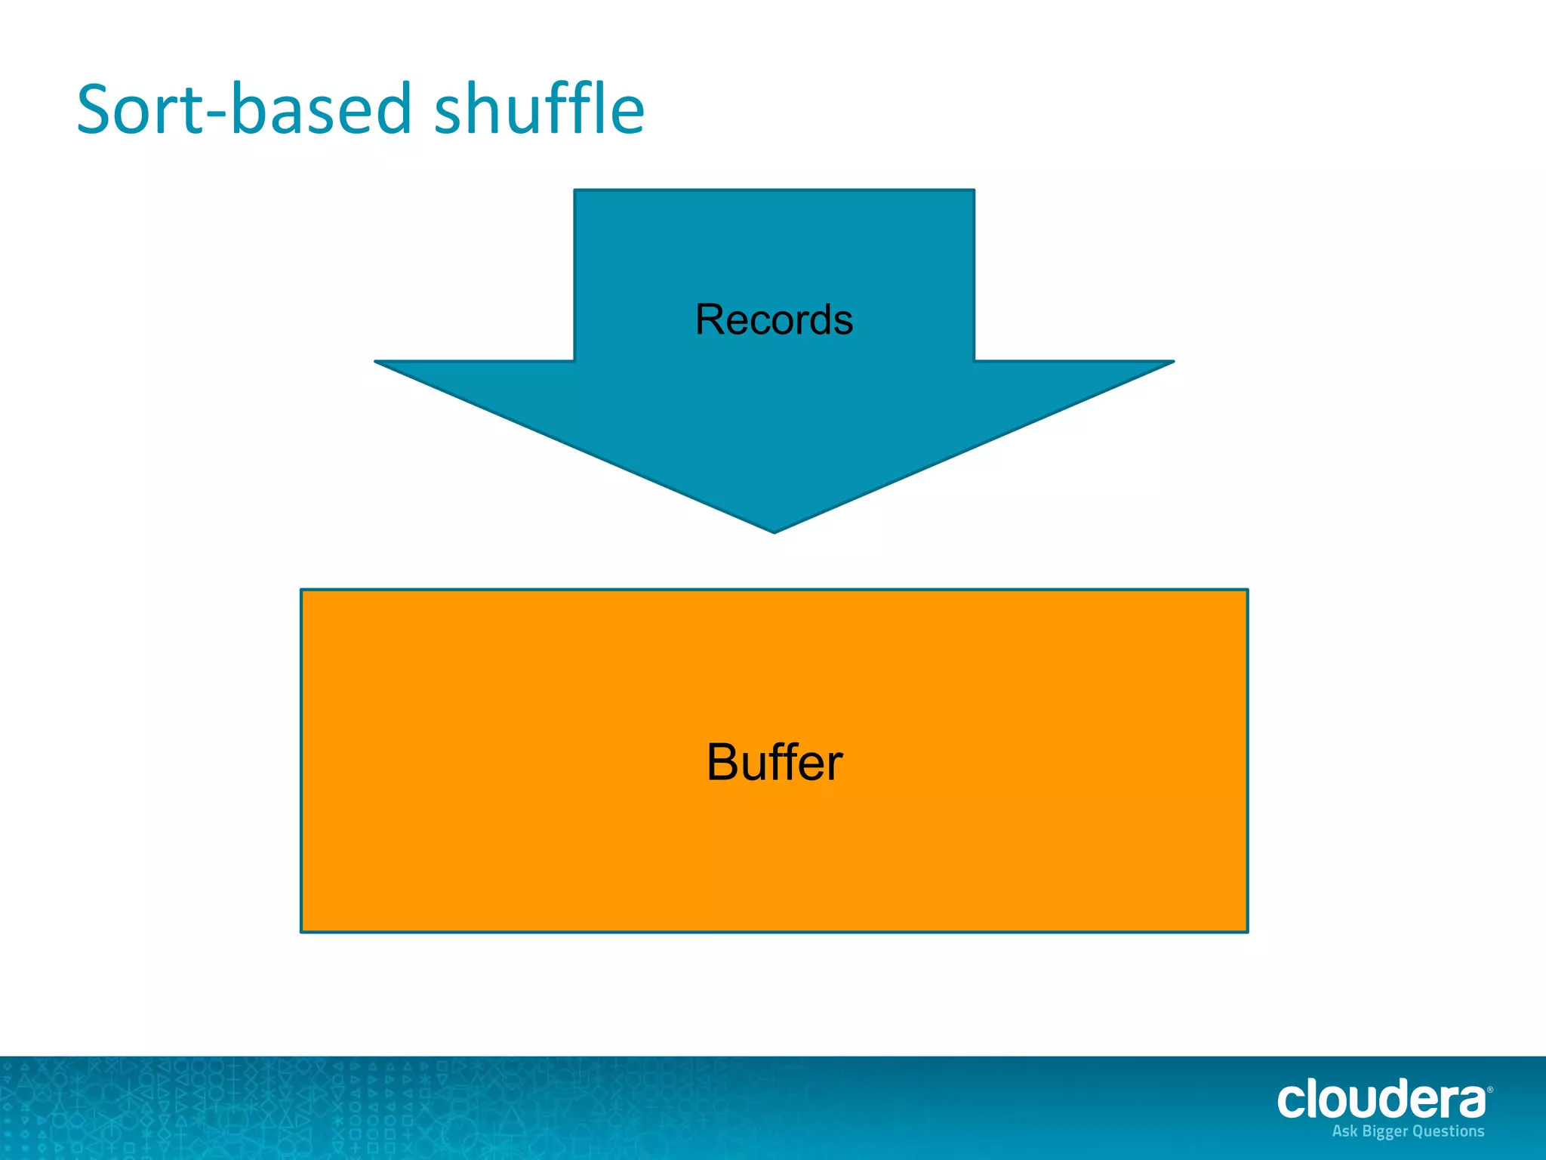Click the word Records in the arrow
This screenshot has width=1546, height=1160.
(774, 319)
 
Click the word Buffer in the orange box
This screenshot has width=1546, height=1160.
(774, 762)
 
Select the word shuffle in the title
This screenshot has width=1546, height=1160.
(539, 110)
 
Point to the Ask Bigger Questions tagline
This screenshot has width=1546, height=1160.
(1408, 1131)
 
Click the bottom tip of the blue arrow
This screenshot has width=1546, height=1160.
(774, 532)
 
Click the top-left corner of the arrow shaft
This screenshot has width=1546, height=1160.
(576, 191)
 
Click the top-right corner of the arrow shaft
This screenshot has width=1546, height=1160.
(973, 191)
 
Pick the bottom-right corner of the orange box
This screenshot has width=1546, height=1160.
(1246, 930)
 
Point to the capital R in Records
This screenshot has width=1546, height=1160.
(711, 319)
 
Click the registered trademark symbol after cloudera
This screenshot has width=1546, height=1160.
(1489, 1090)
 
